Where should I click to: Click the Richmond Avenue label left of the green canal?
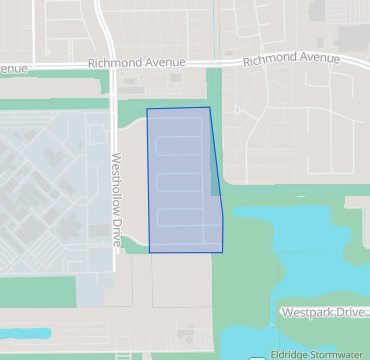(136, 62)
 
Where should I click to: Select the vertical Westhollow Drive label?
(116, 200)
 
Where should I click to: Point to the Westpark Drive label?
(324, 313)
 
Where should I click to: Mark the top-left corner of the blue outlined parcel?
(147, 108)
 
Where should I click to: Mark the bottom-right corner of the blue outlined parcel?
(222, 252)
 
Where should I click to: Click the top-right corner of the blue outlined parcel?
(209, 107)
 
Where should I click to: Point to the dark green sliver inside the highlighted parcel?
(215, 180)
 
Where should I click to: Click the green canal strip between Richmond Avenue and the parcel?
(213, 90)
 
